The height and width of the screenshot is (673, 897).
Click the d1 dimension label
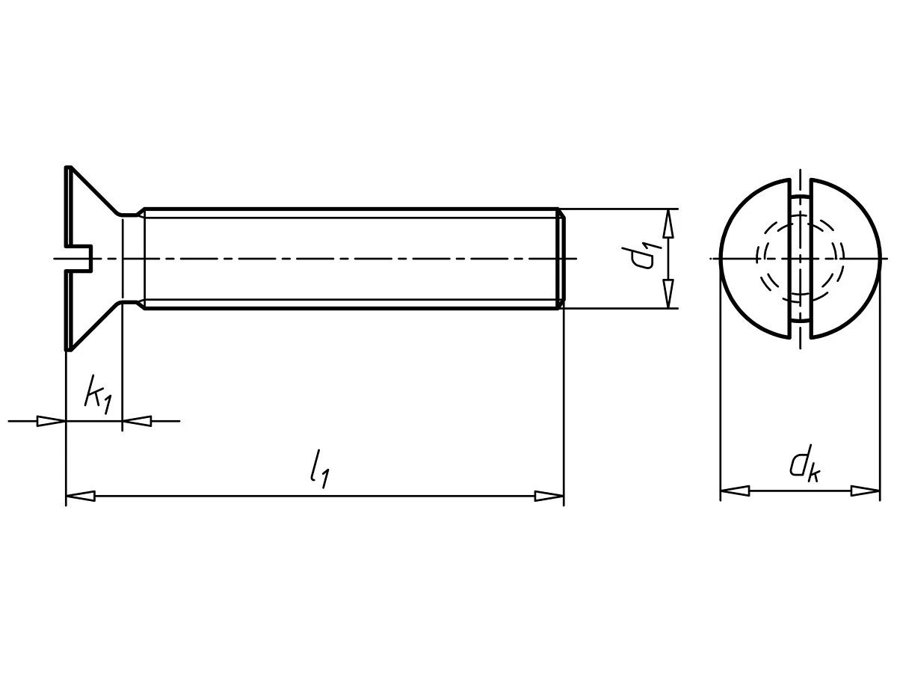coord(641,258)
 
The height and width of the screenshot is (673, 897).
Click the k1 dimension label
coord(98,394)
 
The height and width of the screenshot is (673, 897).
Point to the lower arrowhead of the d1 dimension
coord(668,294)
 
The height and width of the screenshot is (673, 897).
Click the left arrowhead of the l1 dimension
coord(81,496)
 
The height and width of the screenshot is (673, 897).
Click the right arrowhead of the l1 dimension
coord(549,496)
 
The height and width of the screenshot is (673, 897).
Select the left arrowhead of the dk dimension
coord(735,491)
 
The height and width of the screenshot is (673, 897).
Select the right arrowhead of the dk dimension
coord(865,491)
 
